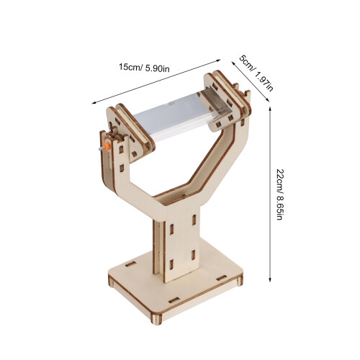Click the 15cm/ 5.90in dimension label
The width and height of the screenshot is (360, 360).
144,68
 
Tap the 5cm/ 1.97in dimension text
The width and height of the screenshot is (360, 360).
256,73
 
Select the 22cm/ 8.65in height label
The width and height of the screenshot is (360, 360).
280,194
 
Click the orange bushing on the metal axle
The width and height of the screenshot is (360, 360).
107,146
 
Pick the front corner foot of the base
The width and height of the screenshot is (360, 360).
156,319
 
